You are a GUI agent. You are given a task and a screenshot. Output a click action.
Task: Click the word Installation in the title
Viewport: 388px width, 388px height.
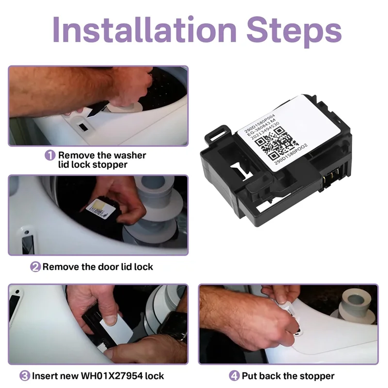tap(145, 30)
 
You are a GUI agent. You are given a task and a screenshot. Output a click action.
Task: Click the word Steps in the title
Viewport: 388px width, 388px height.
tap(294, 32)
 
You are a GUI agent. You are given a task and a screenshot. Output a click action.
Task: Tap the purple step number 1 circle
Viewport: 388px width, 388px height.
tap(50, 155)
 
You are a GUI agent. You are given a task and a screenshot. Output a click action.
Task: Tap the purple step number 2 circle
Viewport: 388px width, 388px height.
tap(35, 267)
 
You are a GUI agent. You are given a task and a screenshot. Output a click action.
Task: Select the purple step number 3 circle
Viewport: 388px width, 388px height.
tap(25, 376)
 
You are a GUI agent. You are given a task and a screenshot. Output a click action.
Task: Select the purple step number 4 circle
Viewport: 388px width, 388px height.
tap(234, 376)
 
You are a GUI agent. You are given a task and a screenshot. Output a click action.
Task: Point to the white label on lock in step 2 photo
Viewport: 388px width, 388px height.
tap(101, 210)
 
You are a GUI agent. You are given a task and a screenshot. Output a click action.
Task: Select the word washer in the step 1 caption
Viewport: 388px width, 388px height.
tap(130, 155)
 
